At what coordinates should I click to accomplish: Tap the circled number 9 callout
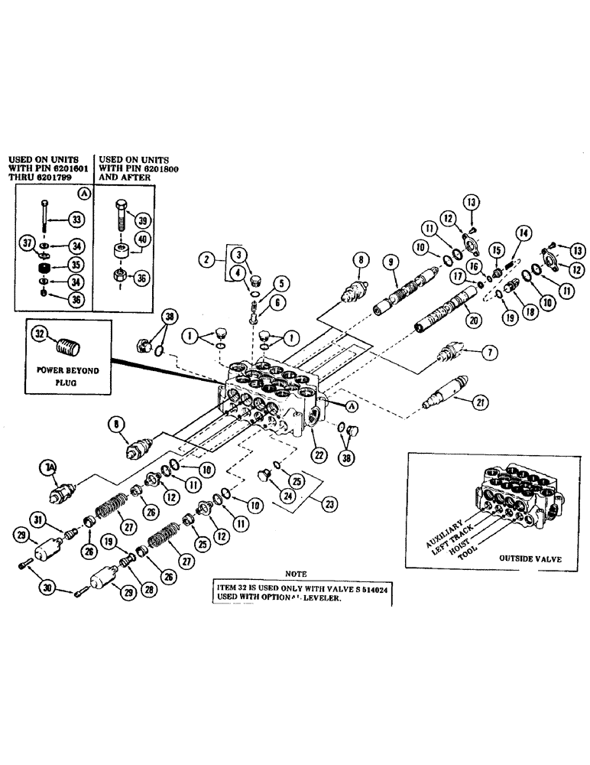391,262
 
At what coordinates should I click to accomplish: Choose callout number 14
524,232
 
